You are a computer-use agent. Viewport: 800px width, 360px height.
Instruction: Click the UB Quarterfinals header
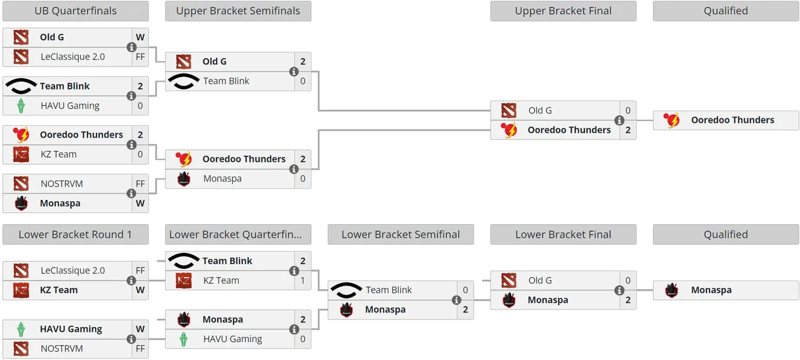(75, 11)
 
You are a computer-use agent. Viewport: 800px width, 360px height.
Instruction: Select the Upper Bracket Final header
(563, 11)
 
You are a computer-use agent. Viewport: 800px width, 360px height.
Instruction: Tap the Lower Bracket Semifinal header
(401, 234)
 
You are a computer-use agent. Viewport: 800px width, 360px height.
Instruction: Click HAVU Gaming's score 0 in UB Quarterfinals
(140, 106)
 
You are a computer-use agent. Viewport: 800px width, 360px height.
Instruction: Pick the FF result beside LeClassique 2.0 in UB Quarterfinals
(140, 57)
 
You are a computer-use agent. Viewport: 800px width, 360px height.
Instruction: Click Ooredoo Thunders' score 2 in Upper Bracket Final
(628, 130)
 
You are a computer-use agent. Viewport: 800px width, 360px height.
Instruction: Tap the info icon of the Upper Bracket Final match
(619, 121)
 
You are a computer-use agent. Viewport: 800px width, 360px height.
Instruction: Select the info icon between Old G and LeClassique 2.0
(131, 47)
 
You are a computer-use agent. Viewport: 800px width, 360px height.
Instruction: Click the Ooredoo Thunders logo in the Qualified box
(672, 120)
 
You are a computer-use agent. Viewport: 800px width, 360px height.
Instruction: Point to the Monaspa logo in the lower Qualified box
(672, 290)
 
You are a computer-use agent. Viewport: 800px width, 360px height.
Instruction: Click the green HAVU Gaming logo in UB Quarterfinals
(21, 106)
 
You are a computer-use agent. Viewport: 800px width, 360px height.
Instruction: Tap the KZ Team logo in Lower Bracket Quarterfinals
(184, 281)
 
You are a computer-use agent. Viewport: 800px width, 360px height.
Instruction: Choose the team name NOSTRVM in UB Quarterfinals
(62, 184)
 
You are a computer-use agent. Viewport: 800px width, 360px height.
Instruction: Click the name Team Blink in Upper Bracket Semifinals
(226, 81)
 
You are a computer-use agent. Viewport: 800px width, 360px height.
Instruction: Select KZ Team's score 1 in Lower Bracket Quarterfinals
(302, 281)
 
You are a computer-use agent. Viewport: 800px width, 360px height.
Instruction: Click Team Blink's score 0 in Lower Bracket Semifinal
(465, 290)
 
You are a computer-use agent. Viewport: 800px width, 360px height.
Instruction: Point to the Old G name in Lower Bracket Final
(540, 281)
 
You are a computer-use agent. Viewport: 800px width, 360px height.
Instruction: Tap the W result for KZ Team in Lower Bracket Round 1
(140, 290)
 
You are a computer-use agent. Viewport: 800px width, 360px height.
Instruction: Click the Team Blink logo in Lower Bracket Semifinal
(346, 290)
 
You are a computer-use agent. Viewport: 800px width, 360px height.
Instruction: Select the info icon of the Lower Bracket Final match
(619, 291)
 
